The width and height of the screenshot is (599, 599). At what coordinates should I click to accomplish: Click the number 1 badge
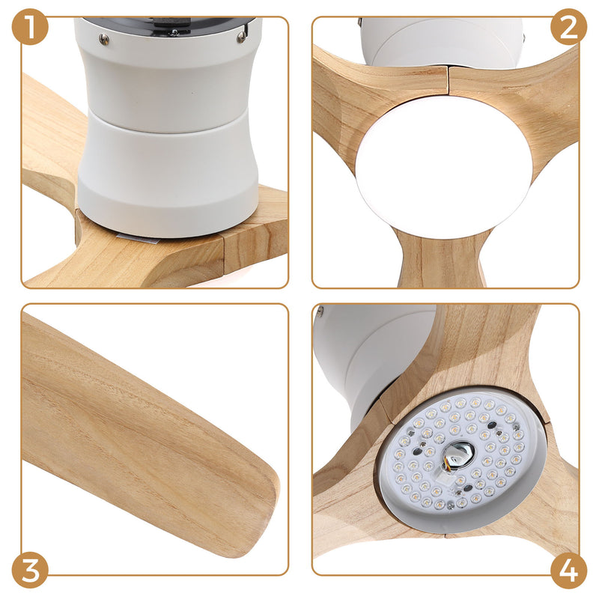coord(30,27)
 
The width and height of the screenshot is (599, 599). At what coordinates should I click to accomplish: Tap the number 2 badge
coord(568,27)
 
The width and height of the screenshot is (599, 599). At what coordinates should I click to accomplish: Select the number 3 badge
coord(30,571)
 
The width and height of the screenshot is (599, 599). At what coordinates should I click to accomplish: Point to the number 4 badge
coord(568,571)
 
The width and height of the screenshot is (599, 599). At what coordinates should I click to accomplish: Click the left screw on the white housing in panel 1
coord(103,39)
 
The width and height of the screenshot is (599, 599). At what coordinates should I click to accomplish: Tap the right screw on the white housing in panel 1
coord(241,37)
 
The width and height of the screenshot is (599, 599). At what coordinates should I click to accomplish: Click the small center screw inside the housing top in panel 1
coord(174,32)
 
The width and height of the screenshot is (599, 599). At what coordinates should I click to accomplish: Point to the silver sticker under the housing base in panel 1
coord(139,238)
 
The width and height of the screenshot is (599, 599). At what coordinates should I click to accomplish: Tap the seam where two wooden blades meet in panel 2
coord(448,79)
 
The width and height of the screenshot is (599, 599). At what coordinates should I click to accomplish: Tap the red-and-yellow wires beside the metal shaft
coord(447,464)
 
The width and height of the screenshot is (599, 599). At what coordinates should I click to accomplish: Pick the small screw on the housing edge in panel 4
coord(320,311)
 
